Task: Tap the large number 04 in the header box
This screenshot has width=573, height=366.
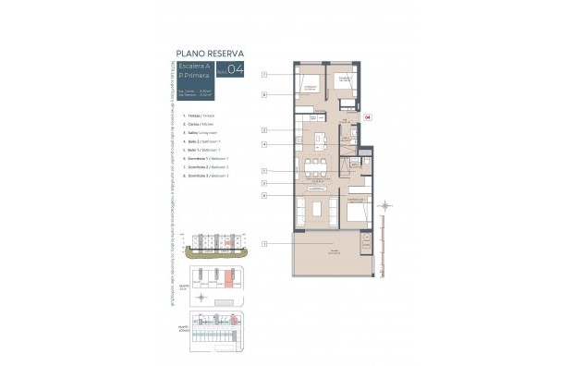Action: tap(236, 70)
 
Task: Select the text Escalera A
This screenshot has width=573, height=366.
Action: tap(194, 66)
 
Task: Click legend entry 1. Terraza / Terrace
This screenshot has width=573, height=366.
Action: tap(195, 116)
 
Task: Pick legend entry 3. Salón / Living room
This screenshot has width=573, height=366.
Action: tap(196, 132)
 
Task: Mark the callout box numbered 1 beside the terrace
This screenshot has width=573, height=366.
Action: tap(264, 244)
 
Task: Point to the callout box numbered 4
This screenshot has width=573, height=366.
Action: tap(264, 144)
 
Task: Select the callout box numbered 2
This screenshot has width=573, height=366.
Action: tap(264, 130)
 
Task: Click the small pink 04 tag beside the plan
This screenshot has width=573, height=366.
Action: tap(368, 117)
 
